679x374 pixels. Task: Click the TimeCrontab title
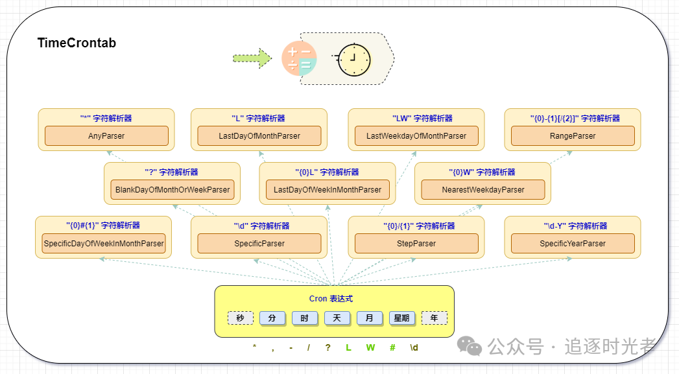[x=77, y=43]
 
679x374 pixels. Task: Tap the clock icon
[x=353, y=59]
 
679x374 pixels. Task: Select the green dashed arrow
[x=252, y=58]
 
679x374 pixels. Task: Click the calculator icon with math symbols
[x=299, y=59]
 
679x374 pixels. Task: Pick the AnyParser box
[x=106, y=136]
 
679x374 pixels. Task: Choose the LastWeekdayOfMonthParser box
[x=416, y=136]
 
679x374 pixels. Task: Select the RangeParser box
[x=573, y=136]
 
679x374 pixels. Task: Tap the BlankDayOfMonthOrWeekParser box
[x=172, y=190]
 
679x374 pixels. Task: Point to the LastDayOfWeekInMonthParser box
[x=328, y=190]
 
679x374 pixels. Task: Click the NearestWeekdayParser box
[x=483, y=190]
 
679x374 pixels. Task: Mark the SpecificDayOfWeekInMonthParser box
[x=104, y=244]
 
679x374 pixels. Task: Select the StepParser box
[x=416, y=244]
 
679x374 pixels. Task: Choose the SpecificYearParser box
[x=573, y=244]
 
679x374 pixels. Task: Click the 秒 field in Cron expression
[x=240, y=318]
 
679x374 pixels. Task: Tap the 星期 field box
[x=402, y=318]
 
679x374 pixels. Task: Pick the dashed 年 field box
[x=435, y=318]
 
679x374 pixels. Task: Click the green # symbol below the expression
[x=392, y=347]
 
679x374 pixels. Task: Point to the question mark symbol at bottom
[x=328, y=347]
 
